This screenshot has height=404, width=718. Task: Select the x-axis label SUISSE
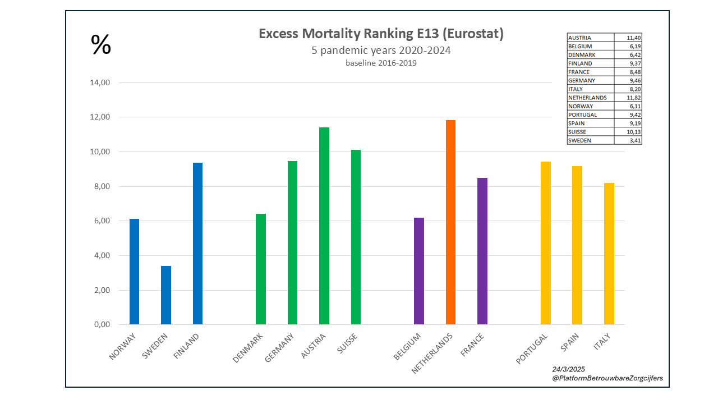(x=348, y=344)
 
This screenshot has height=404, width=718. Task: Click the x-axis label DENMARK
(x=248, y=348)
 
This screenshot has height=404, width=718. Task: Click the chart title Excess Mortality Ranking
(x=381, y=34)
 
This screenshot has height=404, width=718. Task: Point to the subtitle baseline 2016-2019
(x=381, y=63)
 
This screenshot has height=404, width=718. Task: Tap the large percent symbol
(x=101, y=45)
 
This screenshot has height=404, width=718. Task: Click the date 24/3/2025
(x=569, y=369)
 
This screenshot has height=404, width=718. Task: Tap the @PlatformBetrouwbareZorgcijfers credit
(x=607, y=378)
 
